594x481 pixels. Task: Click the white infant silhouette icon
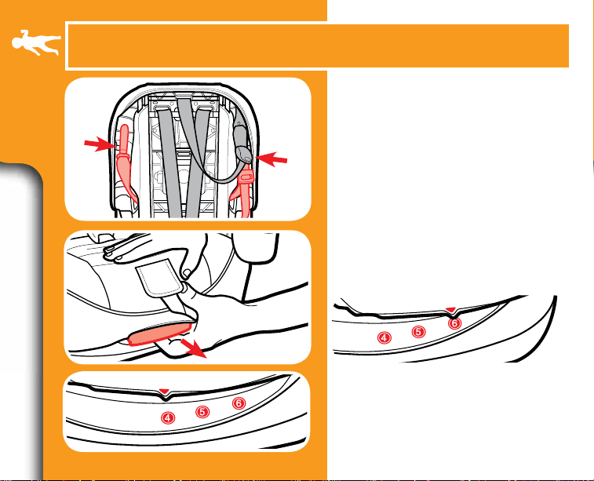pos(35,42)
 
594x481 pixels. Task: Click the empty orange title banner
pos(318,46)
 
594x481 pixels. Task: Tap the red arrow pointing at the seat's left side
pos(99,144)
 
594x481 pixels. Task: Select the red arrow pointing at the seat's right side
pos(271,159)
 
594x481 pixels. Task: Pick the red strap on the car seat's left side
pos(125,163)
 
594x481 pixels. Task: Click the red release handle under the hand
pos(160,333)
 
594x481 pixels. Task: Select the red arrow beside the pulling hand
pos(194,348)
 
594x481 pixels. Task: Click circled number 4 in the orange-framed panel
pos(168,417)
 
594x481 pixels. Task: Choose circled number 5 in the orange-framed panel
pos(202,412)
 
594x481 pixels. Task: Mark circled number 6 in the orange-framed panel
pos(239,403)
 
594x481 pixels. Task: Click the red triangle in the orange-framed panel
pos(165,391)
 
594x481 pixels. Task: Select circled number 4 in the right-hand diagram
pos(384,337)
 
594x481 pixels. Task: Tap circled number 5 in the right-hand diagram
pos(418,332)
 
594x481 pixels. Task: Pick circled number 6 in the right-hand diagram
pos(454,323)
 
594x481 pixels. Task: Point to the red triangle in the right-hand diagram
pos(451,310)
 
